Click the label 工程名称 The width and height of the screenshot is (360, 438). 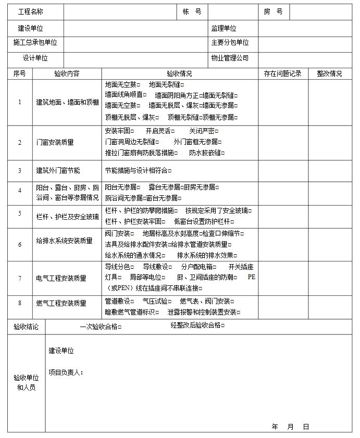pyautogui.click(x=31, y=12)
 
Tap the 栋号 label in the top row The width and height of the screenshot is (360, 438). pyautogui.click(x=192, y=12)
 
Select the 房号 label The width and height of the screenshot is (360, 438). pyautogui.click(x=273, y=12)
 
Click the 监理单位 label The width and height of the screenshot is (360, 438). pyautogui.click(x=224, y=29)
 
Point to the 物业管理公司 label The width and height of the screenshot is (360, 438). pyautogui.click(x=230, y=58)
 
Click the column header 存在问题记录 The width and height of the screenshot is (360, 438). pyautogui.click(x=282, y=74)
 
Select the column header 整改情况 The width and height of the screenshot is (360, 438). pyautogui.click(x=329, y=74)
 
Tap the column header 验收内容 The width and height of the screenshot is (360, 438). pyautogui.click(x=67, y=74)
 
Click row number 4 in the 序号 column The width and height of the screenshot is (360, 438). pyautogui.click(x=20, y=191)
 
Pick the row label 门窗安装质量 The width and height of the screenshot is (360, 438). pyautogui.click(x=55, y=142)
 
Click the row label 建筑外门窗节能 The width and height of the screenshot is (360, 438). pyautogui.click(x=58, y=170)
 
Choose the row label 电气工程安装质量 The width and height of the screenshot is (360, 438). pyautogui.click(x=61, y=279)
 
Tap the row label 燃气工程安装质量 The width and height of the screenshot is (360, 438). pyautogui.click(x=61, y=303)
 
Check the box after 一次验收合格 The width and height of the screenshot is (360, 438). pyautogui.click(x=119, y=328)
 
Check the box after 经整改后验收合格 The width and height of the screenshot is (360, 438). pyautogui.click(x=223, y=326)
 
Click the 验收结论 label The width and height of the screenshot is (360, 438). pyautogui.click(x=26, y=327)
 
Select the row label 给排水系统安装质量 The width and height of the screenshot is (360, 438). pyautogui.click(x=64, y=241)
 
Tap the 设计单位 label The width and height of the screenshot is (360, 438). pyautogui.click(x=35, y=58)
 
